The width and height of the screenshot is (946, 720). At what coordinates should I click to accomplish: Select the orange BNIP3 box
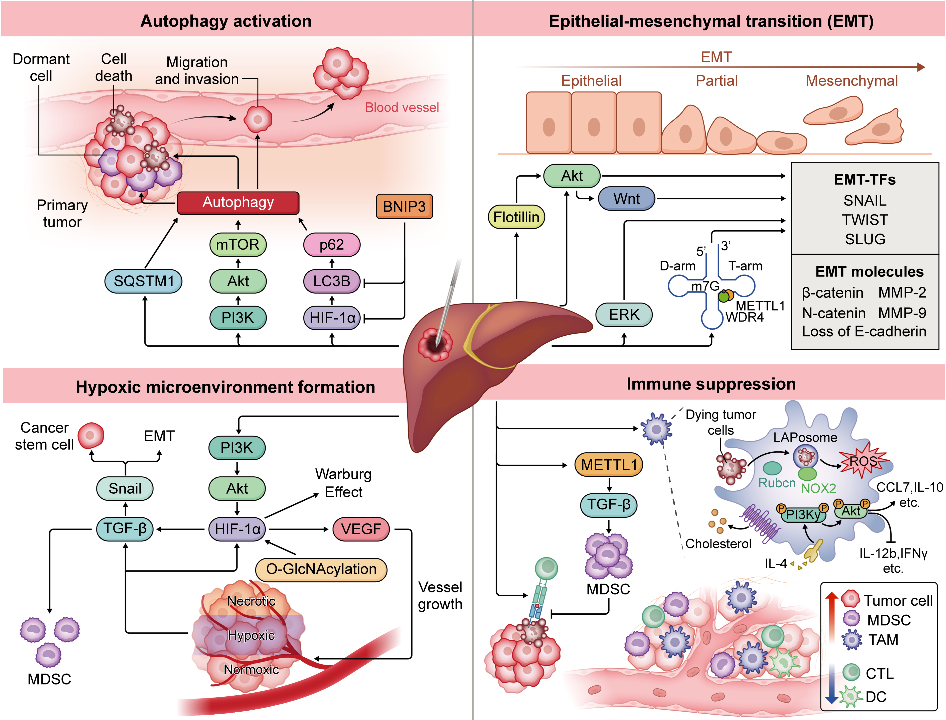[x=404, y=207]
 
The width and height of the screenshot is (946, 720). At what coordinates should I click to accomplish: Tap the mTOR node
[x=238, y=245]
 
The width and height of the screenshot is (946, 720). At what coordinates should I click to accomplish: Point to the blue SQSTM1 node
[x=144, y=281]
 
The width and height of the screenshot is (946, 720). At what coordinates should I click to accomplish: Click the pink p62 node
[x=332, y=245]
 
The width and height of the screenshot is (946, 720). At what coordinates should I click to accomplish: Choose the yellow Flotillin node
[x=516, y=217]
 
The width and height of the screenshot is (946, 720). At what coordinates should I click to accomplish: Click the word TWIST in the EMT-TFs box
[x=864, y=220]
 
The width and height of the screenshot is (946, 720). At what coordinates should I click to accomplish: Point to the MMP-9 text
[x=902, y=313]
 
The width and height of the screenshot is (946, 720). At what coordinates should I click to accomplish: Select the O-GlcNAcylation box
[x=321, y=569]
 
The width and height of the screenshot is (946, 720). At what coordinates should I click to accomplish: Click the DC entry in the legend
[x=875, y=696]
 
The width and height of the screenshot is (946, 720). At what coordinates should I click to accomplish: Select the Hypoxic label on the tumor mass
[x=251, y=635]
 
